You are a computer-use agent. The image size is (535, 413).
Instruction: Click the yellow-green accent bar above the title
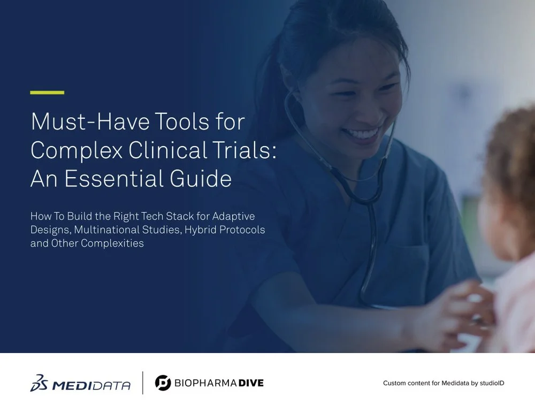47,93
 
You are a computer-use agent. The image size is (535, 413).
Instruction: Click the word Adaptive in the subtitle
234,217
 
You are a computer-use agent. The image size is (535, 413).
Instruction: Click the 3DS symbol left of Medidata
41,384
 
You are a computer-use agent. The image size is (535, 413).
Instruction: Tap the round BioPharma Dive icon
163,383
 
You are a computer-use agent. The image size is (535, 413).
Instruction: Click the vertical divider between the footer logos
142,383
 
